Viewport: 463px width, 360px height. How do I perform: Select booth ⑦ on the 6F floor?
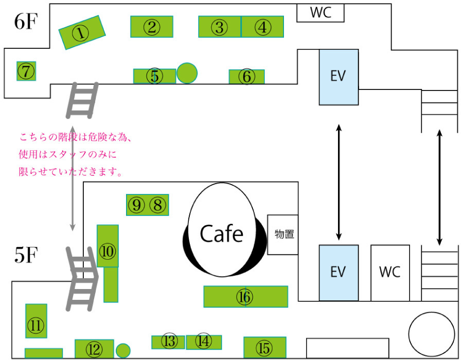pos(26,71)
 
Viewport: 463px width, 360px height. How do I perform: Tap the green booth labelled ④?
pos(262,27)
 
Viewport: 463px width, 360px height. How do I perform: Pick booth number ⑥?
pos(247,77)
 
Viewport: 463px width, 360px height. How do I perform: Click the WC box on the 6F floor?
pos(320,13)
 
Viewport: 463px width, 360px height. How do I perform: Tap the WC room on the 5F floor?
pos(390,272)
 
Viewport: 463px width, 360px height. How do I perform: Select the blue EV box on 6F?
pos(338,77)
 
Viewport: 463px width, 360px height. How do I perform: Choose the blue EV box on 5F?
pos(338,272)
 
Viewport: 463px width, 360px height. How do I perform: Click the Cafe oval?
pos(221,234)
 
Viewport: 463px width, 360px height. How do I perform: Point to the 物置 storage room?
pos(283,235)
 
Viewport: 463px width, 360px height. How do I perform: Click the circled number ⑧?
pos(158,205)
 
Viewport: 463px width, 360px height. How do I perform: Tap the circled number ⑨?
pos(136,205)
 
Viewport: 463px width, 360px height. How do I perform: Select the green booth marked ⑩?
pos(108,252)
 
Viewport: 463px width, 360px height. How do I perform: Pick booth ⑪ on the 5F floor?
pos(36,325)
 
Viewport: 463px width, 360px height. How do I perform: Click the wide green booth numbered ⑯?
pos(245,297)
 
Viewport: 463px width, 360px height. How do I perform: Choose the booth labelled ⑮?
pos(264,348)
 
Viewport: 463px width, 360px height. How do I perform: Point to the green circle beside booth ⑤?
pos(187,73)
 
